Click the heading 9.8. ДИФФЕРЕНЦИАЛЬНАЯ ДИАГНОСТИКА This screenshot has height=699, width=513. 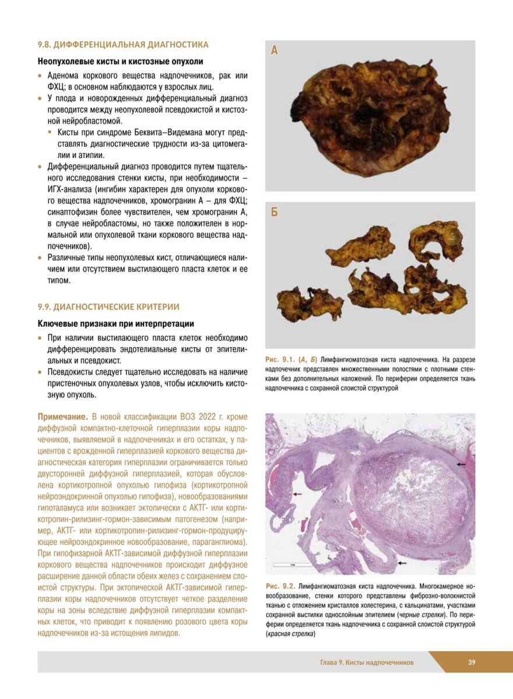coord(122,44)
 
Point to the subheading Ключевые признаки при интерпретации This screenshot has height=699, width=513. coord(115,323)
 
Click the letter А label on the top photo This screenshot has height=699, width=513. coord(275,51)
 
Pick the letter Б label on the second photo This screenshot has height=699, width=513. coord(275,212)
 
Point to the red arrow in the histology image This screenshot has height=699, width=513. coord(297,494)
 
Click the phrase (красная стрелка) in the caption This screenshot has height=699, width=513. coord(290,634)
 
